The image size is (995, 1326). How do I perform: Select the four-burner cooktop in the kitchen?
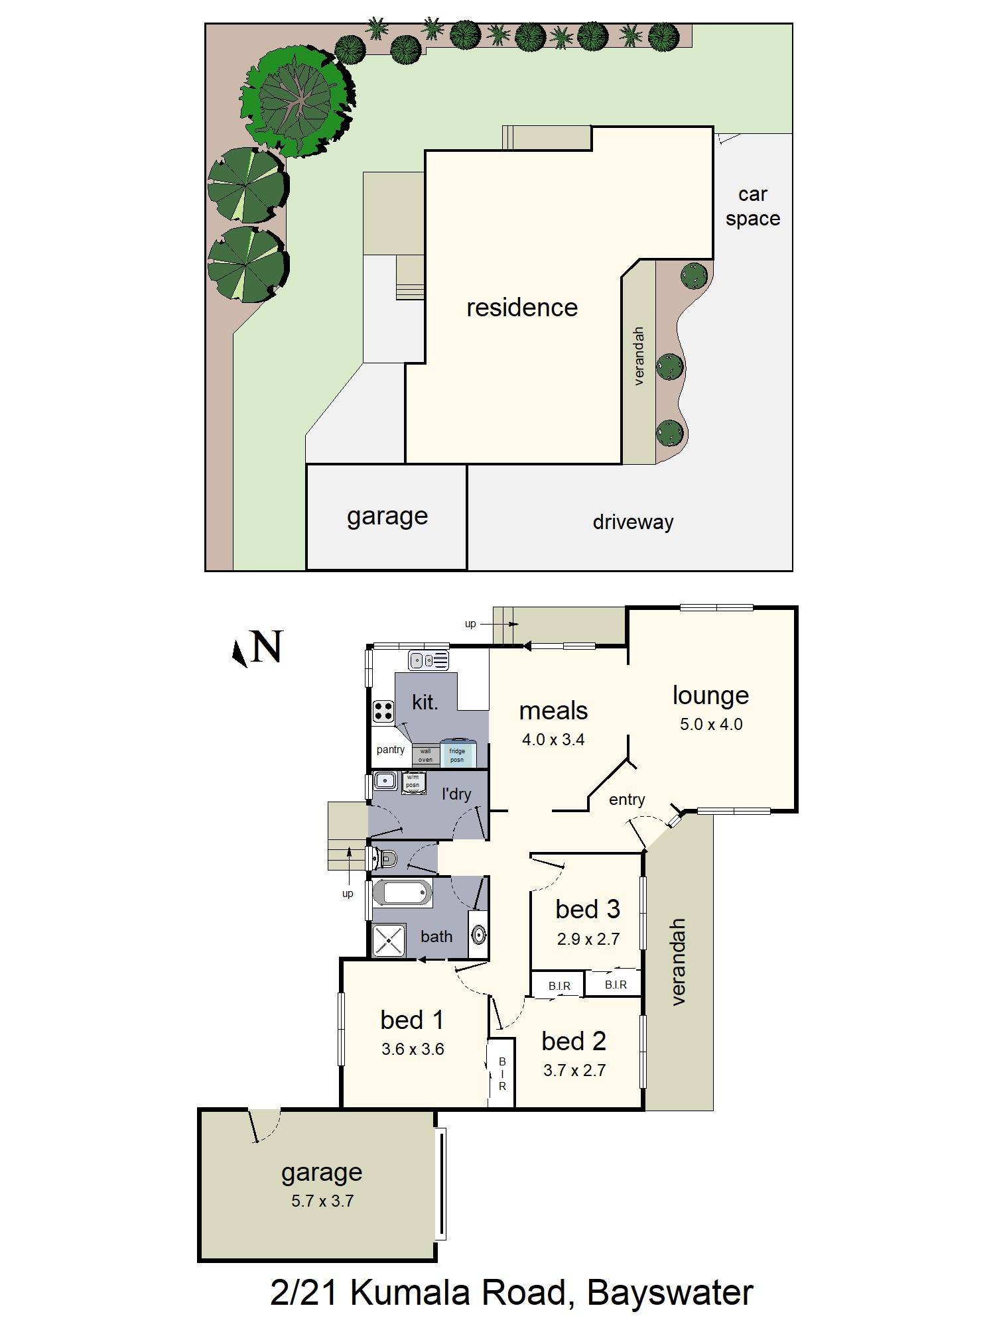click(x=383, y=711)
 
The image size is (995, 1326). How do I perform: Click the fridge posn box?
click(x=458, y=754)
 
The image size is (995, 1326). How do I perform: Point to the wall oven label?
click(x=425, y=755)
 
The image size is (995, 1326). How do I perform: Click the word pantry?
click(x=390, y=749)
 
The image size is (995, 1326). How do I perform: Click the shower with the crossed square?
click(x=388, y=940)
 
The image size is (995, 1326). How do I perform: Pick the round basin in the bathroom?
click(x=478, y=935)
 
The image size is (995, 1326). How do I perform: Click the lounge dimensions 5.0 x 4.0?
click(x=710, y=724)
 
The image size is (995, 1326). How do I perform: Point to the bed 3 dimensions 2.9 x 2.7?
click(x=588, y=939)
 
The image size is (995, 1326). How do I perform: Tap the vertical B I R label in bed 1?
click(x=502, y=1074)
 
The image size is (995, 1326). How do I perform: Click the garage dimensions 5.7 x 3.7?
click(x=322, y=1201)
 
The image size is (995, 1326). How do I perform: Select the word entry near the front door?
click(x=626, y=800)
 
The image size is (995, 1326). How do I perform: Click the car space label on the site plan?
click(x=752, y=206)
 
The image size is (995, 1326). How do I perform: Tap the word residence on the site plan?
click(x=521, y=308)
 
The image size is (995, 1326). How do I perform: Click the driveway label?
click(x=632, y=522)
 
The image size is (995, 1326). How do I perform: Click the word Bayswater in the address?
click(x=670, y=1292)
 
